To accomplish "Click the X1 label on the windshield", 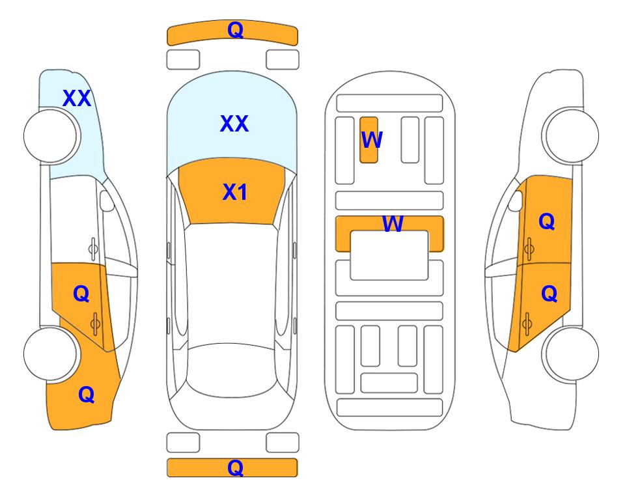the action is click(x=235, y=192).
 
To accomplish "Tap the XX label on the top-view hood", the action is click(x=234, y=124).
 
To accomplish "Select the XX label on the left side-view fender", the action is click(x=77, y=98).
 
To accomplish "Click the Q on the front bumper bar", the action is click(x=236, y=30).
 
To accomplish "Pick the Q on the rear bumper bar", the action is click(x=236, y=467).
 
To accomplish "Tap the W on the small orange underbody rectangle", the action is click(x=372, y=140).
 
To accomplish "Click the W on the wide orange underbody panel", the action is click(x=393, y=224).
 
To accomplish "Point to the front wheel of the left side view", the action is click(x=51, y=136).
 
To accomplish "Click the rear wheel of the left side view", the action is click(x=51, y=354).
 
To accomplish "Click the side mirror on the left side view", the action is click(x=106, y=201).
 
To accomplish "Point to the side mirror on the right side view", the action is click(x=516, y=201).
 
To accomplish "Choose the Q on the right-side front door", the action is click(x=547, y=221).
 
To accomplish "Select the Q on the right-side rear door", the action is click(x=549, y=294).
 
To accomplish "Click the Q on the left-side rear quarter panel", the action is click(x=87, y=395).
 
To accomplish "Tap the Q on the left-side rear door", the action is click(x=81, y=294).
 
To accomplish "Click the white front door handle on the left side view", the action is click(x=93, y=249).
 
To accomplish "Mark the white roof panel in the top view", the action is click(x=232, y=284).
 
